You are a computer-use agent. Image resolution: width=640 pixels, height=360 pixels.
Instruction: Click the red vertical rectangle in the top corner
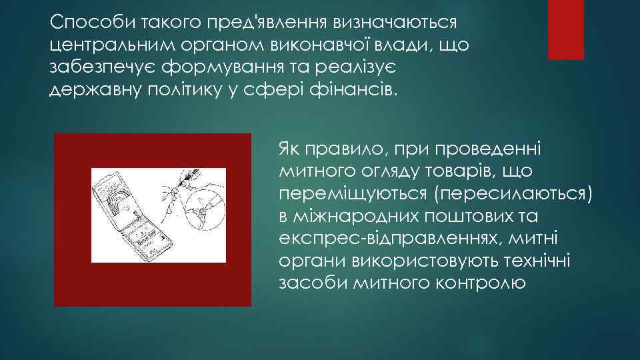click(x=565, y=29)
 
